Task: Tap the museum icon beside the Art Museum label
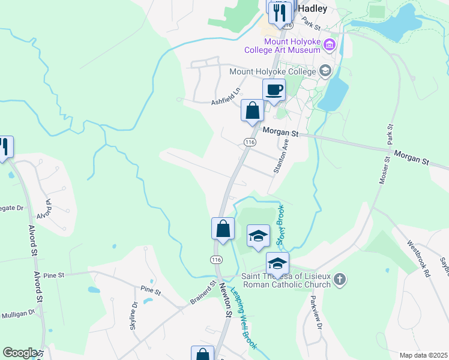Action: coord(329,44)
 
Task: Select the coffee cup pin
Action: coord(274,91)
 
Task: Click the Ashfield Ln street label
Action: coord(226,98)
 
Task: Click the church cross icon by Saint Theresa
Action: coord(340,279)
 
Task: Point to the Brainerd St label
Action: coord(203,293)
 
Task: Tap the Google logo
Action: coord(20,353)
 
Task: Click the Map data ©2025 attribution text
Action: coord(423,355)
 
